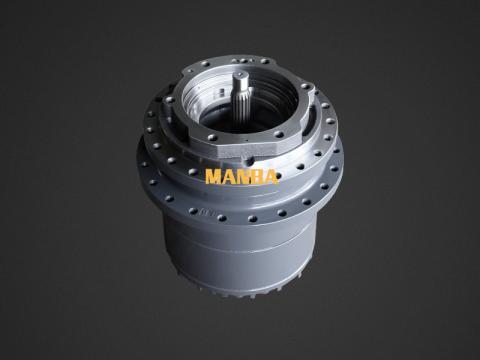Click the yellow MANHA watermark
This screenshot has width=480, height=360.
pyautogui.click(x=242, y=177)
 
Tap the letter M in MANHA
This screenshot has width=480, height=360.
pyautogui.click(x=214, y=177)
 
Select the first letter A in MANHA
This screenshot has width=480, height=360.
pyautogui.click(x=229, y=177)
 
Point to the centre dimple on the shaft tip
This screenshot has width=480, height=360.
pyautogui.click(x=241, y=74)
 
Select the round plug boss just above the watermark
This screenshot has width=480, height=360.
pyautogui.click(x=249, y=161)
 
